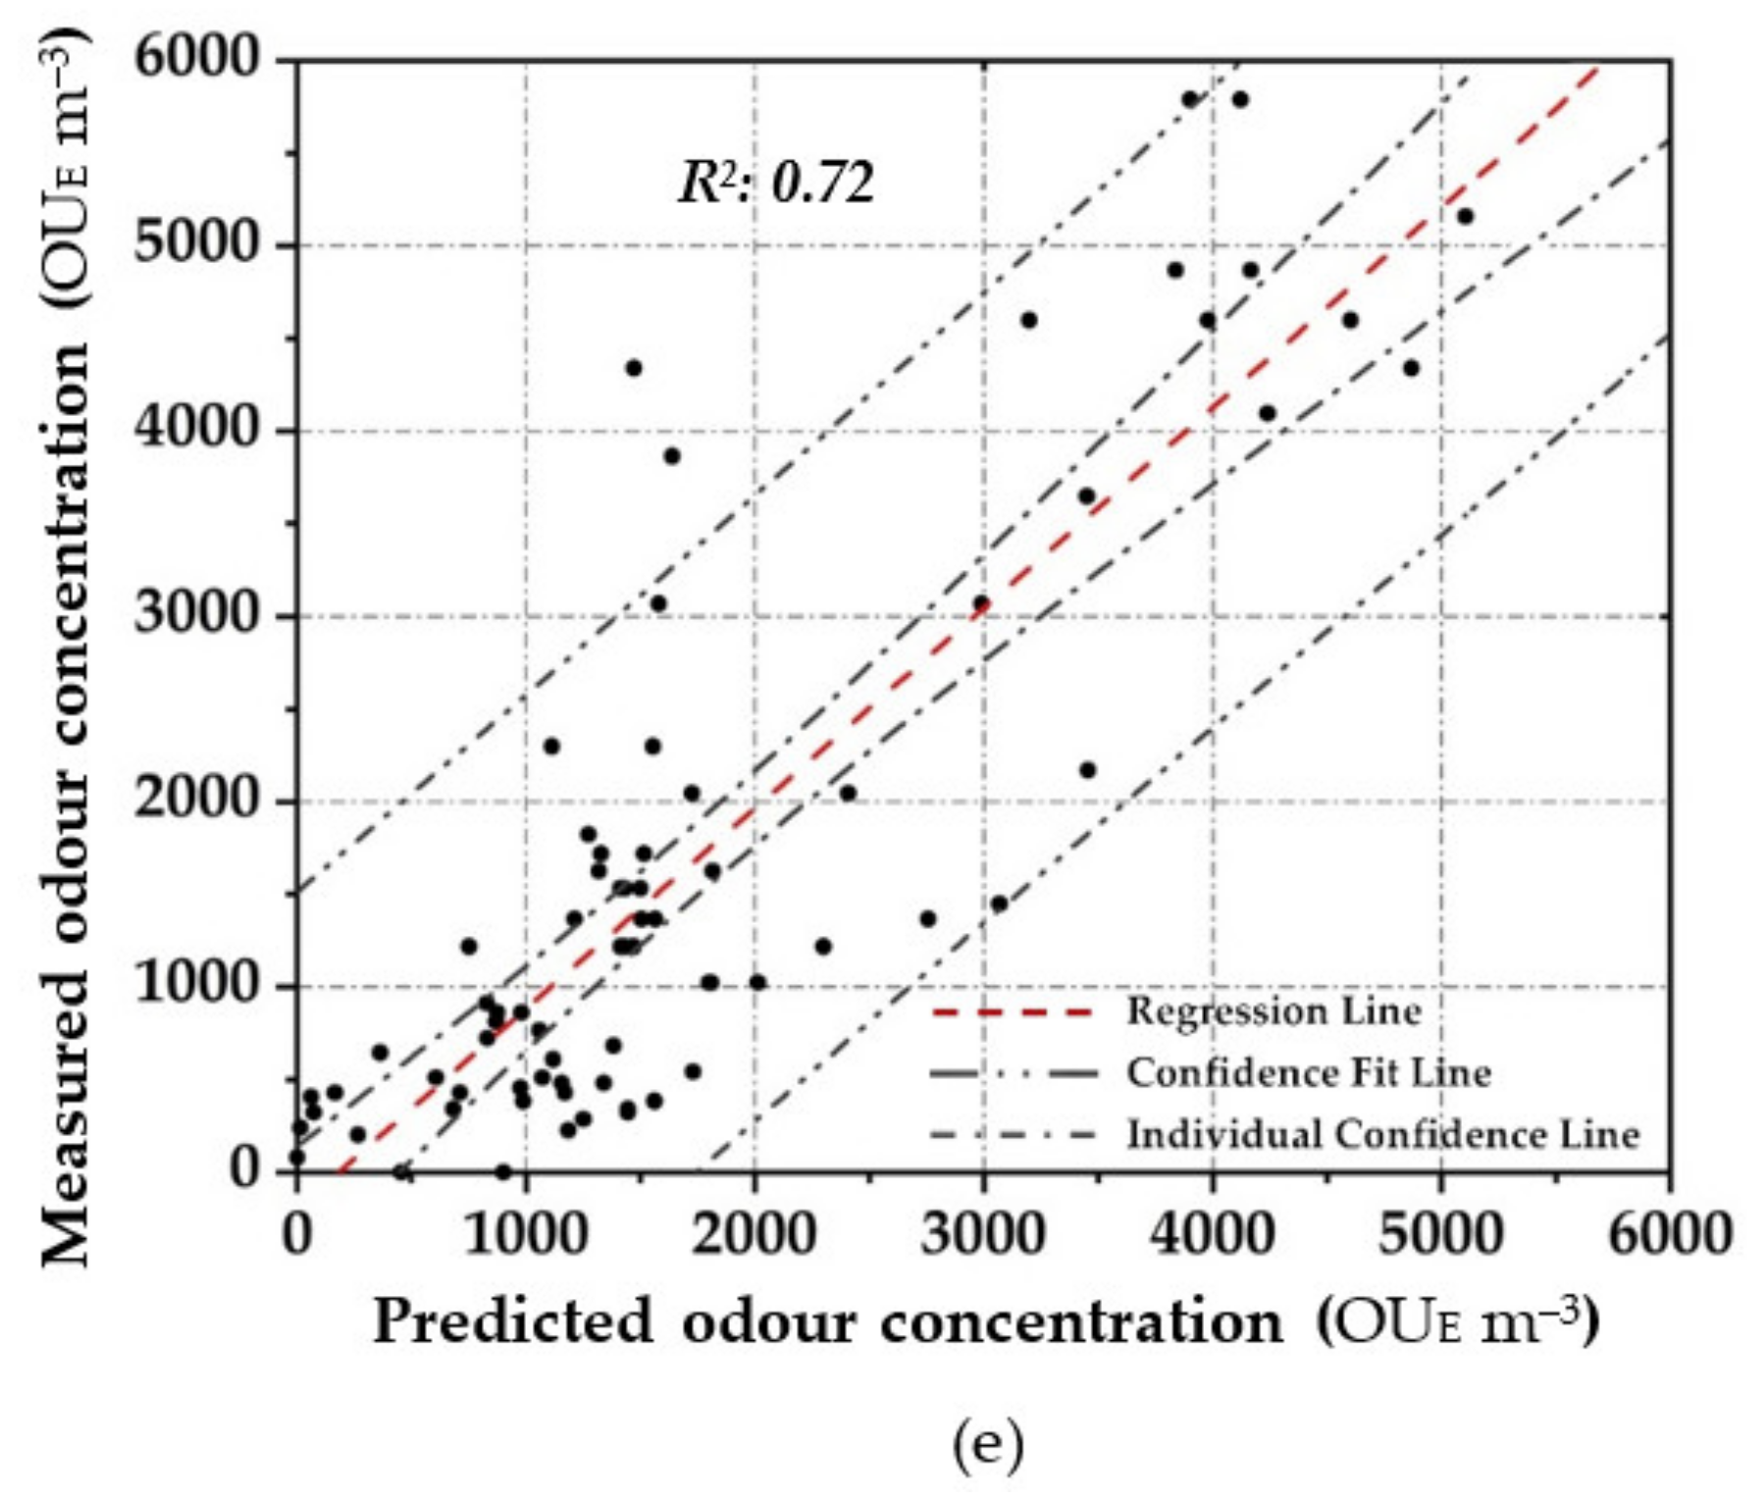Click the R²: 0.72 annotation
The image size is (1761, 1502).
[776, 182]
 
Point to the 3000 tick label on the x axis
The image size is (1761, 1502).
[983, 1233]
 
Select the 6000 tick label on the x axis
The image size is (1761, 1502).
[1669, 1233]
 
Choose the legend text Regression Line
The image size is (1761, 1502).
[1273, 1010]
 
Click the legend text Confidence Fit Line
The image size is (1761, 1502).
[1309, 1072]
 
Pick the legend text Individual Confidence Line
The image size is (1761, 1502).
[1382, 1134]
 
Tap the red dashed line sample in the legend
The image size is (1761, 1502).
[1011, 1011]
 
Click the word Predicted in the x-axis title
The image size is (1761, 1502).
[512, 1321]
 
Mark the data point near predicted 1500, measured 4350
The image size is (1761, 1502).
[634, 368]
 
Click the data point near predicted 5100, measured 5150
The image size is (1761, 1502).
[1465, 216]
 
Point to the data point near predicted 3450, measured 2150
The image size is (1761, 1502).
[1087, 770]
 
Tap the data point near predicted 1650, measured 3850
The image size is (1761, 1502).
[672, 456]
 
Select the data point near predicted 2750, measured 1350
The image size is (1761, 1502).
[928, 919]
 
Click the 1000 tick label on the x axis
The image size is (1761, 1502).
[526, 1233]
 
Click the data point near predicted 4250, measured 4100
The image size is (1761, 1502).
[1268, 413]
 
